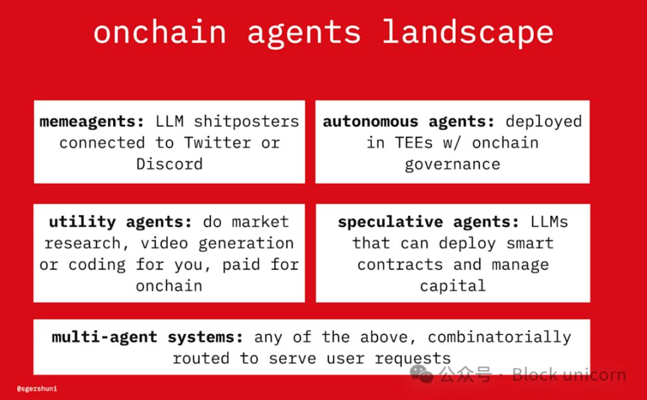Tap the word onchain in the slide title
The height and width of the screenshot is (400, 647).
[x=160, y=32]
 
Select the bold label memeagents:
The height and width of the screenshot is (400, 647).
[x=92, y=122]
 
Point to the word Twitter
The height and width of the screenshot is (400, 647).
[x=218, y=143]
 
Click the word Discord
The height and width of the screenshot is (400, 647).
[x=169, y=164]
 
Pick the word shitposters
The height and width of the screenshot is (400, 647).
[x=246, y=122]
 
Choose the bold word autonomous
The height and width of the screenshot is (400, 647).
[x=370, y=122]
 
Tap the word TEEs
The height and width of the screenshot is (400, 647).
[x=414, y=143]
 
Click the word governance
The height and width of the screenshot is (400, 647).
[x=452, y=165]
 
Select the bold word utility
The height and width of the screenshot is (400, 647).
[x=83, y=223]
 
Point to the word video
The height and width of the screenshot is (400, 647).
[x=164, y=243]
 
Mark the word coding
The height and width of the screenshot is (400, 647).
[x=97, y=265]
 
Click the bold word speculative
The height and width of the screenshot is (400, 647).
[x=390, y=223]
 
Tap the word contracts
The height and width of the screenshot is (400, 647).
[x=400, y=264]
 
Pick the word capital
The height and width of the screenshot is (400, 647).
[x=453, y=286]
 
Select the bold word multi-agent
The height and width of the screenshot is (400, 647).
[x=105, y=338]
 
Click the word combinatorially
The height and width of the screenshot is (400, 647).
[x=499, y=338]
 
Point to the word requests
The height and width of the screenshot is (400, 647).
[x=413, y=359]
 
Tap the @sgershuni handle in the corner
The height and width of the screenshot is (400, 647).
[x=37, y=389]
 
